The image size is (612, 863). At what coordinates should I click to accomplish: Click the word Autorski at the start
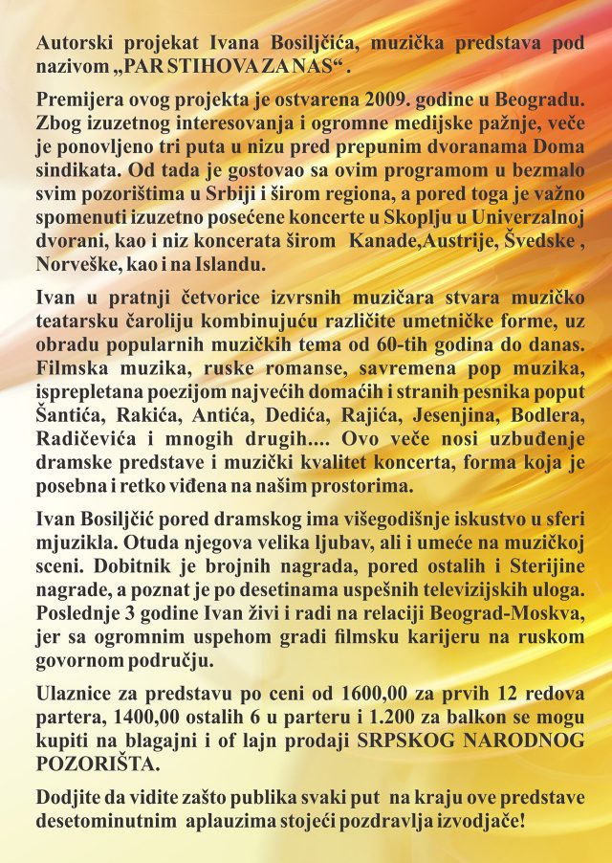click(x=69, y=43)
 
